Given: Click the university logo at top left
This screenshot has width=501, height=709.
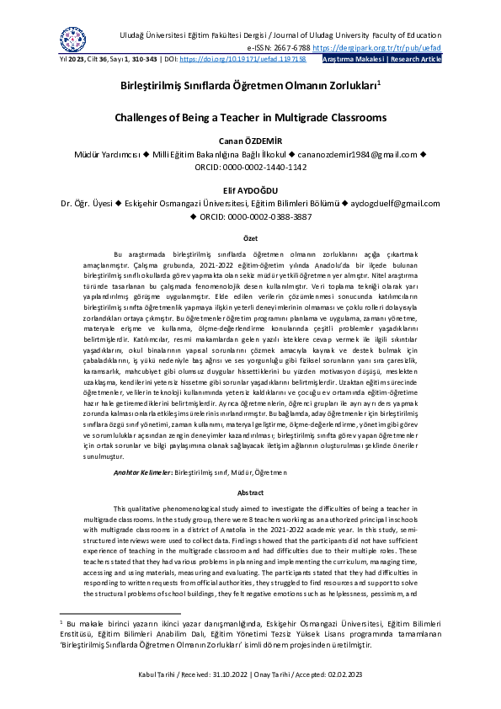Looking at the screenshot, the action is pos(72,38).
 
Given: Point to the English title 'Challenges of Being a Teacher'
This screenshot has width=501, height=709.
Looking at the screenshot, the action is pos(249,117).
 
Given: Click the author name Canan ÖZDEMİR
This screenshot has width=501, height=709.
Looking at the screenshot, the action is pos(250,141).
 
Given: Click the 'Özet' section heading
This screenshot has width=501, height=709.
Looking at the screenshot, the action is pos(250,240).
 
